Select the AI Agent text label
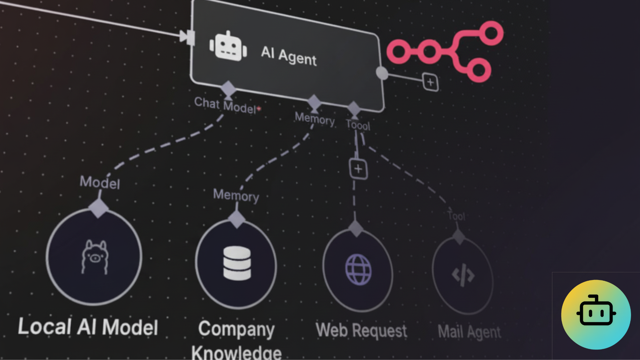[289, 56]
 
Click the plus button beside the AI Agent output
[430, 82]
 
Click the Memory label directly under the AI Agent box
[315, 119]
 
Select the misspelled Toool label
[358, 125]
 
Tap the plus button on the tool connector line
[358, 169]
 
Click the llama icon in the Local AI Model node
[95, 257]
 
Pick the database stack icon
[237, 263]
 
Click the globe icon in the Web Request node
[358, 270]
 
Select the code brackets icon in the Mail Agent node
[463, 275]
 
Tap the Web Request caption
[361, 330]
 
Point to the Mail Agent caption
[469, 332]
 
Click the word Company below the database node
[236, 329]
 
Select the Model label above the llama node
[100, 183]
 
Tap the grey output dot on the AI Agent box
[382, 73]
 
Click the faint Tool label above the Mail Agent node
[456, 216]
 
